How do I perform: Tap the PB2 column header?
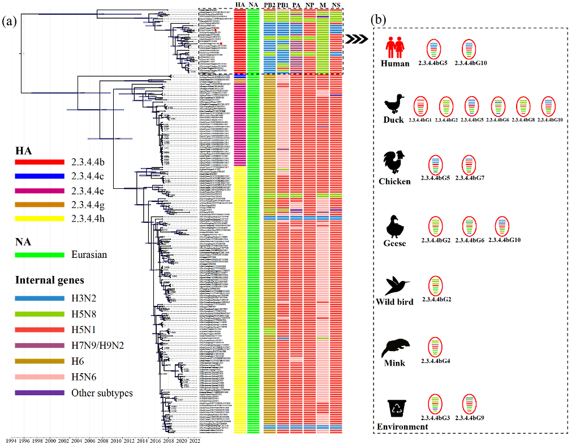pos(269,5)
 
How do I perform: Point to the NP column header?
pos(310,5)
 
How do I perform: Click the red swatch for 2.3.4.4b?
pos(40,162)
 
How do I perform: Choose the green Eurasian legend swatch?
pos(40,255)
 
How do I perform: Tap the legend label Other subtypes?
pos(102,392)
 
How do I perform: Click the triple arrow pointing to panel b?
pos(356,38)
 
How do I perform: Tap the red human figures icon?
pos(394,46)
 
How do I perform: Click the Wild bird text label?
pos(394,302)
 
